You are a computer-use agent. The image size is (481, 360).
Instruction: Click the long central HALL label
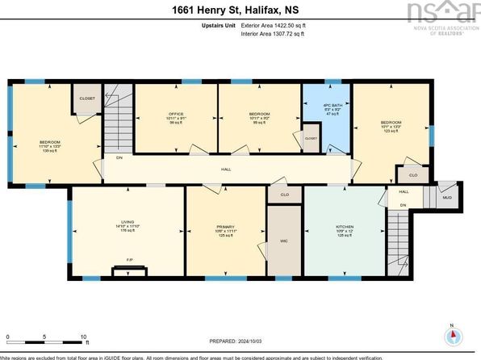[227, 170]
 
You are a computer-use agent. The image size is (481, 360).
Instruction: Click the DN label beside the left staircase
[119, 158]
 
